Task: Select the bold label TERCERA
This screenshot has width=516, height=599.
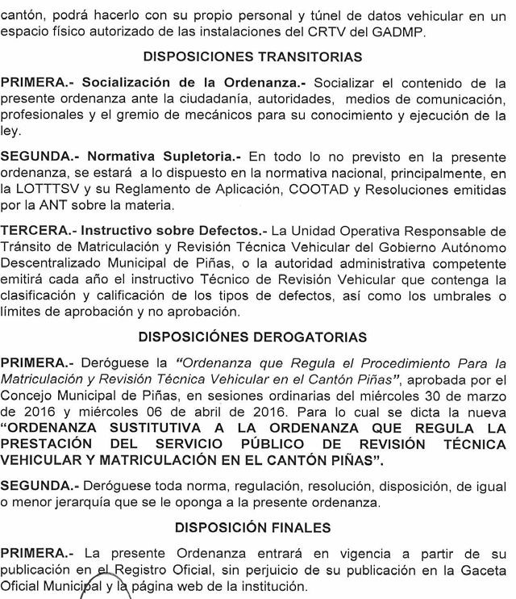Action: point(33,230)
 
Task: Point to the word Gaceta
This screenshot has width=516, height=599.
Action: point(485,571)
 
